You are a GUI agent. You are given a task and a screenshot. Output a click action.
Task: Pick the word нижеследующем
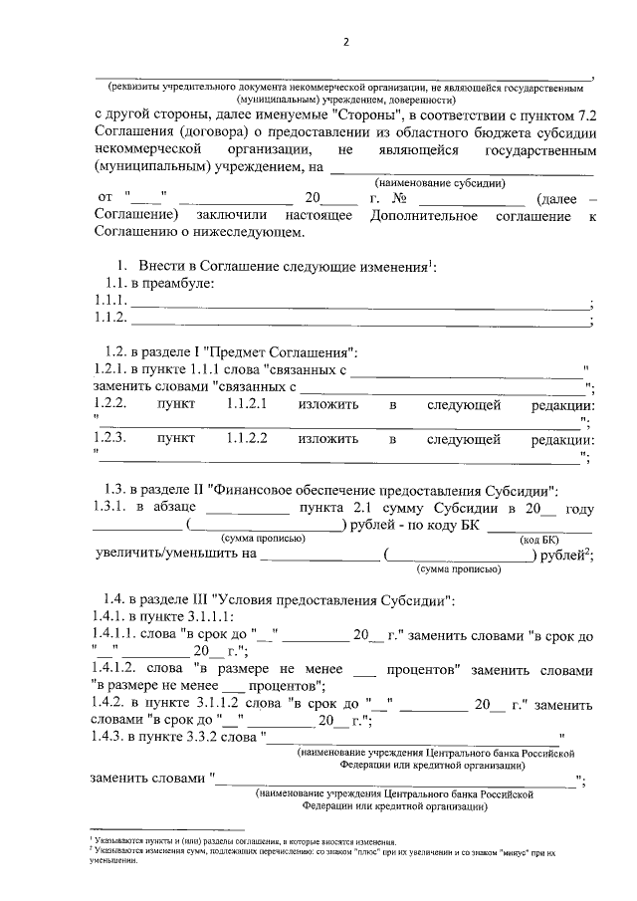pyautogui.click(x=255, y=233)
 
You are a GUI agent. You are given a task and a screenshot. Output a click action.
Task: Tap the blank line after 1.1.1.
pyautogui.click(x=358, y=305)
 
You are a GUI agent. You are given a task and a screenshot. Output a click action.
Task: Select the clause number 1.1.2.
pyautogui.click(x=109, y=319)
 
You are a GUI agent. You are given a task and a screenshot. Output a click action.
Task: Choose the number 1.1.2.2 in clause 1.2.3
pyautogui.click(x=247, y=439)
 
